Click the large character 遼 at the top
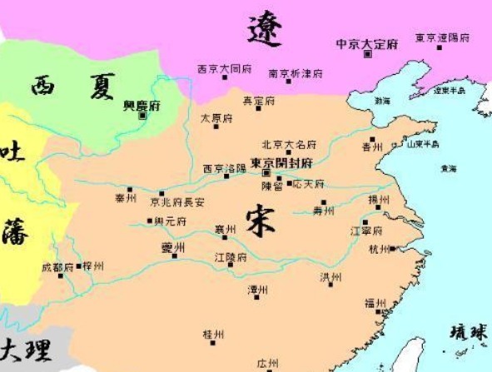coord(265,32)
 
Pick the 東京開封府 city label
coord(281,162)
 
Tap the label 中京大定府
coord(368,43)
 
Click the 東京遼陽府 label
coord(444,38)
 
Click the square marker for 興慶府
coord(143,115)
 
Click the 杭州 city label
coord(379,249)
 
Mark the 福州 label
coord(375,303)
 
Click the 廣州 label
coord(267,364)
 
